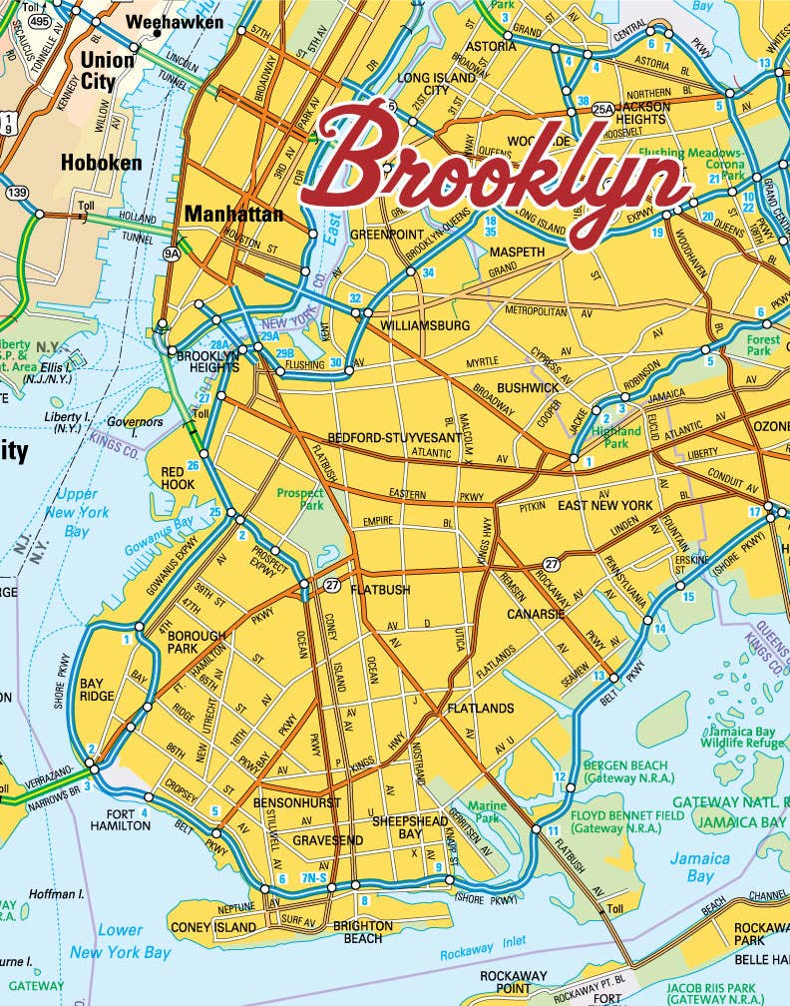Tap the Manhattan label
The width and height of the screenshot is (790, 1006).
[x=233, y=214]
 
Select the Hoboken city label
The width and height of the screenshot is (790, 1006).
[x=101, y=162]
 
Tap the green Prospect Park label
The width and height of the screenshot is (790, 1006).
[x=300, y=499]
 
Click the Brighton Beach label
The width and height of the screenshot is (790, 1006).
[x=362, y=931]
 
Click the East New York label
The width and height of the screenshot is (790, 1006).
[x=604, y=506]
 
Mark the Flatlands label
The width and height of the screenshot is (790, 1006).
[x=481, y=709]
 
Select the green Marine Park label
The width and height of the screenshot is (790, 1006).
[x=488, y=811]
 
